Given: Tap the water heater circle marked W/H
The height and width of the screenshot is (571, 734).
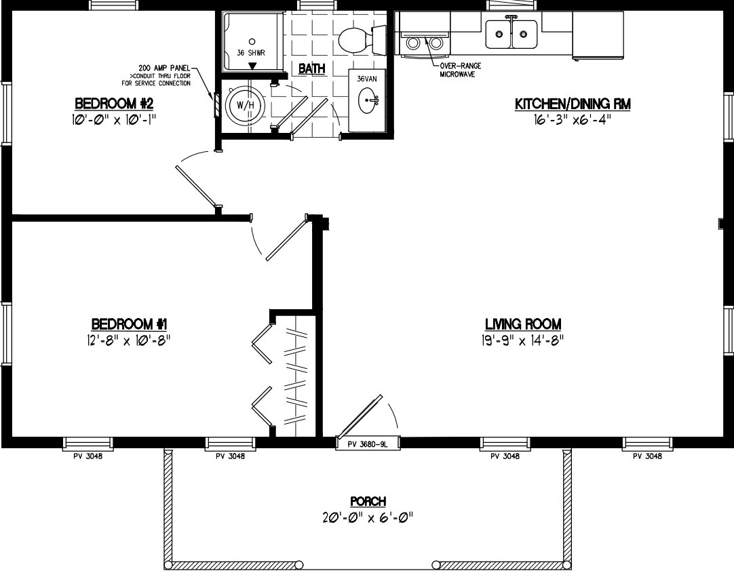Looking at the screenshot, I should (242, 106).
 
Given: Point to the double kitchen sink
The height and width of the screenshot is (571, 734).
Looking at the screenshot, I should (511, 34).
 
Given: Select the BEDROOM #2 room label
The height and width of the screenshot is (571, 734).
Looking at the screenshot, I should (115, 104).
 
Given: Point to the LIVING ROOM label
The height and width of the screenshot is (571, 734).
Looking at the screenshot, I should (523, 324).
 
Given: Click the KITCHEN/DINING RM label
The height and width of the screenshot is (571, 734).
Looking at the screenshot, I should (573, 104).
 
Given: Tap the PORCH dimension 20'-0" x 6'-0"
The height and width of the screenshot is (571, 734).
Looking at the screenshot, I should (368, 517).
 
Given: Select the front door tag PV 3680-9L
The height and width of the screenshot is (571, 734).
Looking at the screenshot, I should (367, 444).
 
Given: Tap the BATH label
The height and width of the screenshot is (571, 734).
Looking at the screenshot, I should (311, 68).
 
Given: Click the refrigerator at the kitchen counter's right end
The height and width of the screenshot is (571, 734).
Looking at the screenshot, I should (598, 35).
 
